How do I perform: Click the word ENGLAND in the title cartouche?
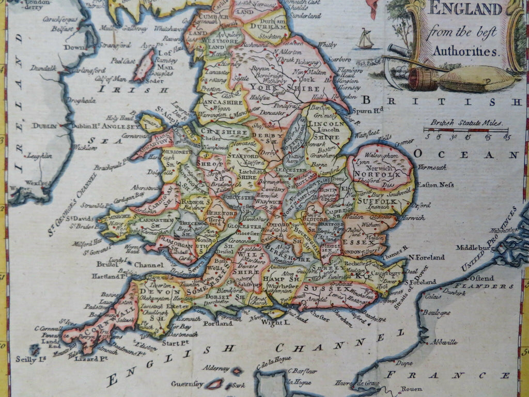tap(463, 9)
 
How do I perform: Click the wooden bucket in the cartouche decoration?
tap(419, 79)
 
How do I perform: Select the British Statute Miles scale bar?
tap(466, 130)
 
